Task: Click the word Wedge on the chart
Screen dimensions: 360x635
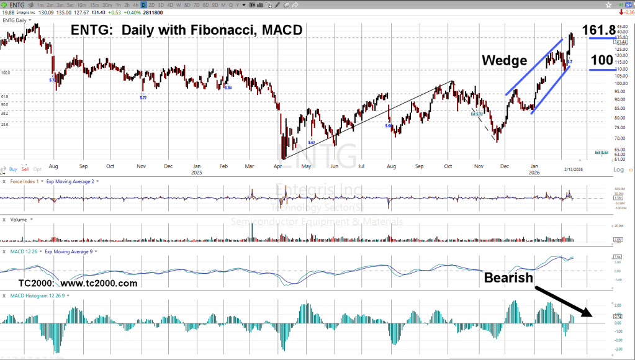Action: pos(505,60)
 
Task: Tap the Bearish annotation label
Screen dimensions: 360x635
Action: pos(508,277)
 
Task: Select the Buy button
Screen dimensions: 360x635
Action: pos(13,169)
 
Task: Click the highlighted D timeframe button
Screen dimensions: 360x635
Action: pos(143,5)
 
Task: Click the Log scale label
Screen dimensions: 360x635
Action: pos(618,169)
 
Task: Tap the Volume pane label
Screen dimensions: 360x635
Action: pos(19,220)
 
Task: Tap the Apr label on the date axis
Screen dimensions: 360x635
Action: pos(278,166)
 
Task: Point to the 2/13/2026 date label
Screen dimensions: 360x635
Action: pos(573,169)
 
